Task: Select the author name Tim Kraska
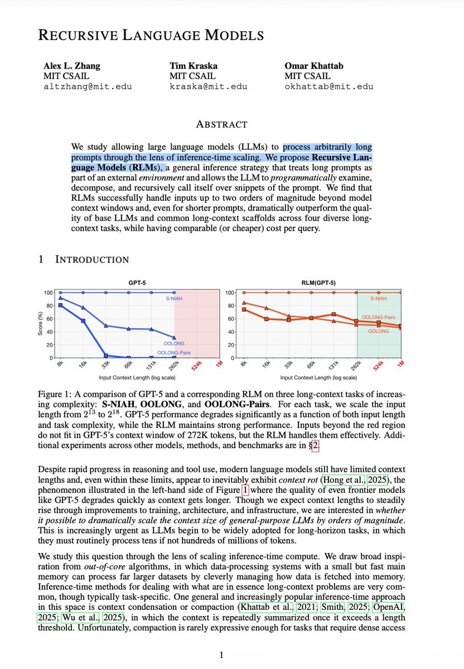195,66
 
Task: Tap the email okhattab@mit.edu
328,86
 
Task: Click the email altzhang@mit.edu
88,86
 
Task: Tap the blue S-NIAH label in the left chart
173,299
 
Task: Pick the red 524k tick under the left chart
197,366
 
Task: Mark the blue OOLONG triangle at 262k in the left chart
175,337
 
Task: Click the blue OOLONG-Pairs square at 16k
83,321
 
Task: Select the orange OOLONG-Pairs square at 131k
334,314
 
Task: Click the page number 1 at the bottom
221,655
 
